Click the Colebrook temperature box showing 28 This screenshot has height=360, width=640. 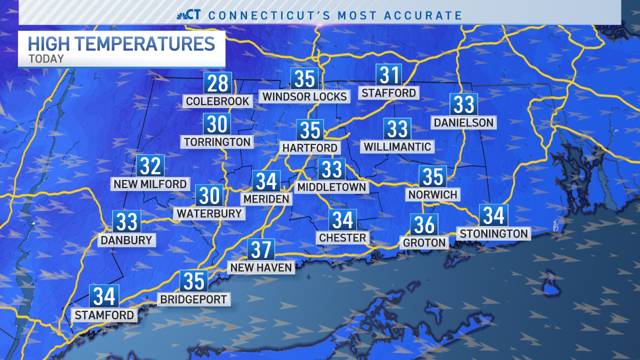pos(217,83)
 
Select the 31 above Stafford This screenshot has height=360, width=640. pos(389,75)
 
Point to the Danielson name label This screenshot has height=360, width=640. pos(463,122)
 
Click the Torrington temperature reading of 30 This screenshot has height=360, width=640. pos(216,124)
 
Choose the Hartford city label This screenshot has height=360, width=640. pos(310,148)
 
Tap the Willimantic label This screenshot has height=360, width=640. pos(397,146)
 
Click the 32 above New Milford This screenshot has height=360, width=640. pos(150,166)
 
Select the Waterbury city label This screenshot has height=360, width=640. pos(209,213)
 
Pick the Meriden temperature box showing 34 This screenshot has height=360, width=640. pos(266,181)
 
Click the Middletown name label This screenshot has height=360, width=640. pos(331,187)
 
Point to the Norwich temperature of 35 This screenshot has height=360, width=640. pos(432,176)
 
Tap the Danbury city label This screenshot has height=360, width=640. pos(126,240)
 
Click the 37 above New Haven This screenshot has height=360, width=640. pos(261,249)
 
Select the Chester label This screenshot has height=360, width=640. pos(342,237)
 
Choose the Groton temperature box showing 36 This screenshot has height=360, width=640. pos(424,225)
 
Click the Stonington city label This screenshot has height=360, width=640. pos(493,233)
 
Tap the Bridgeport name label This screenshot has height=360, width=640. pos(193,299)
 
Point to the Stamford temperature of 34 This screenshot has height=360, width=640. pos(104,296)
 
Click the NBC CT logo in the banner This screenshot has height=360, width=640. pos(189,15)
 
